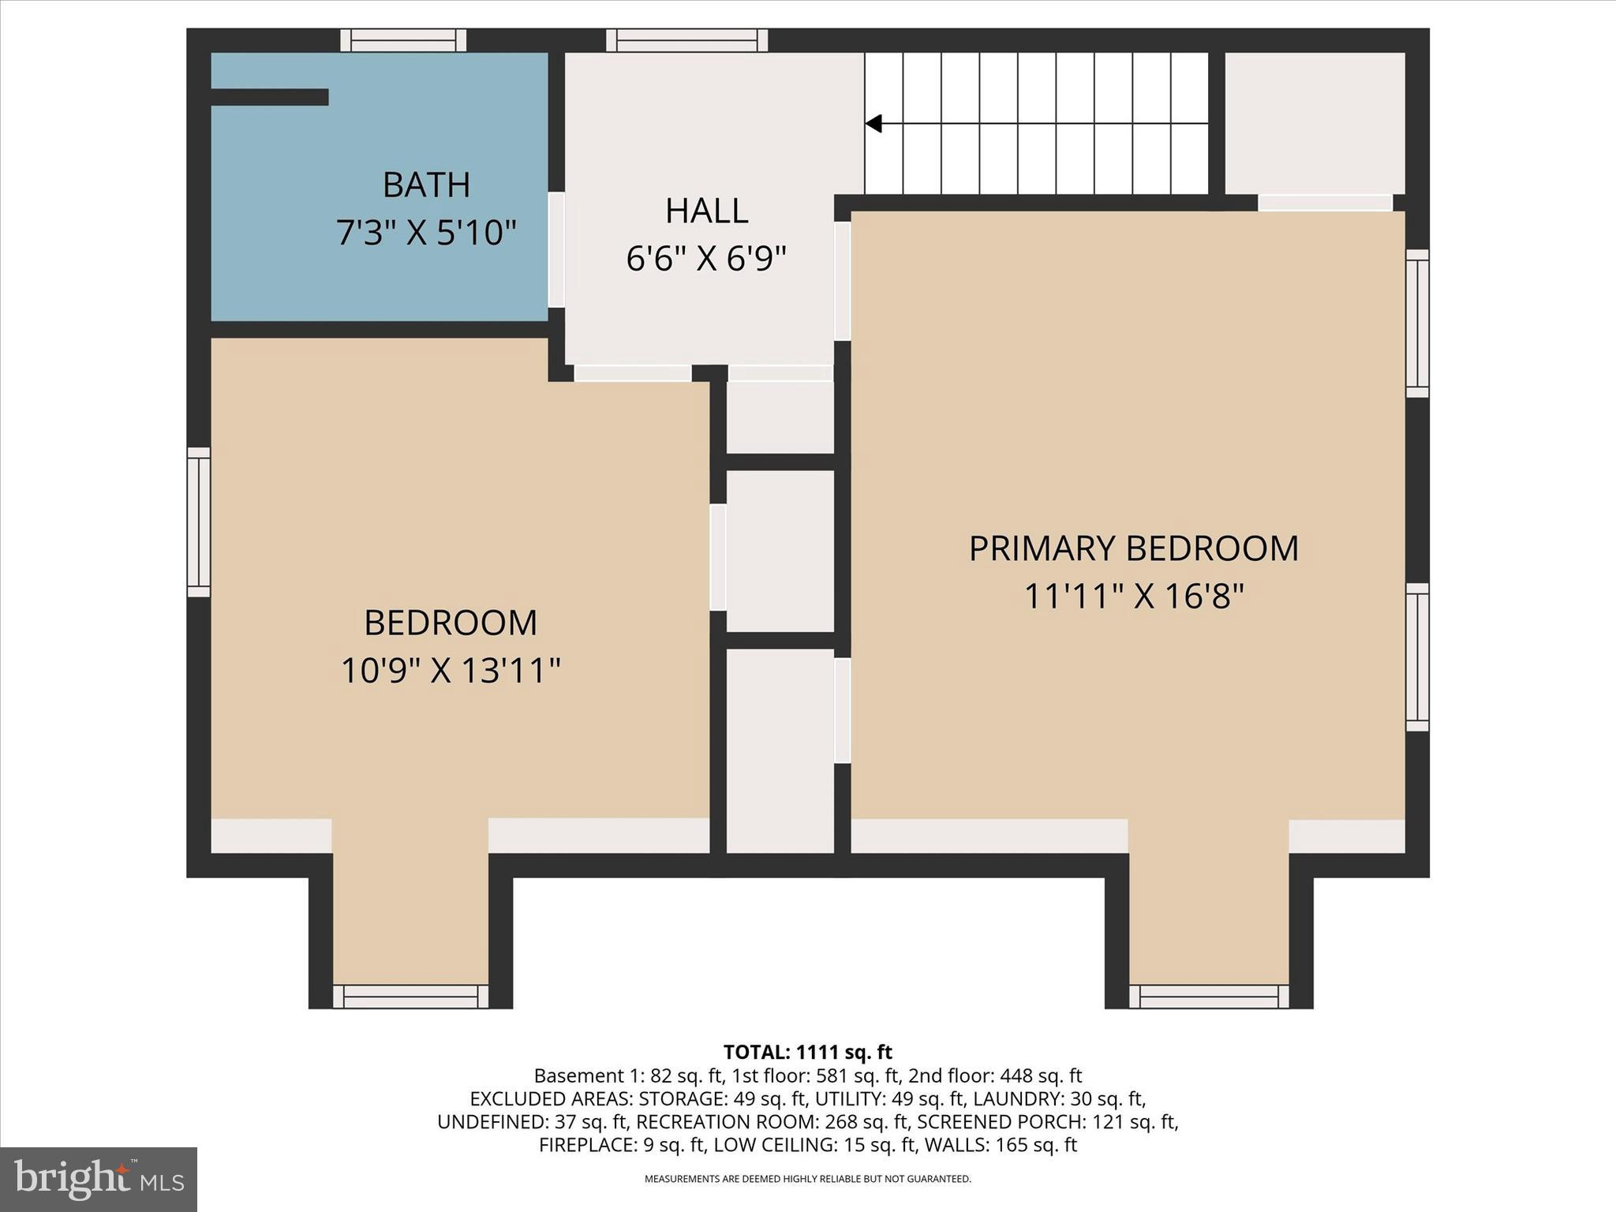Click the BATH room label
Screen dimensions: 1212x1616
point(426,185)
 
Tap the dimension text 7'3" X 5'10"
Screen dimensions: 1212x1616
point(426,234)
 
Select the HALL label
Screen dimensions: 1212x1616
point(706,211)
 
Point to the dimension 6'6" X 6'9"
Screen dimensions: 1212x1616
point(706,259)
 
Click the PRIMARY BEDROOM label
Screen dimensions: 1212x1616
point(1133,549)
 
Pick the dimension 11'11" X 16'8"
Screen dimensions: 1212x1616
point(1133,597)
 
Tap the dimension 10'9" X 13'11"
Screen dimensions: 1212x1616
point(450,671)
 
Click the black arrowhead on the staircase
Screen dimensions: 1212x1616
point(873,124)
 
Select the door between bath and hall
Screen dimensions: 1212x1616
point(556,249)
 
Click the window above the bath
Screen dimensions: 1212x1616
point(403,40)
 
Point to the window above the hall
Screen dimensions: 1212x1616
point(686,40)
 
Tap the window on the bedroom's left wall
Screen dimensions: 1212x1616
point(199,522)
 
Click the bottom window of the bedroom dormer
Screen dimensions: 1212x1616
point(410,997)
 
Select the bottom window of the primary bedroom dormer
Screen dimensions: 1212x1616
point(1208,997)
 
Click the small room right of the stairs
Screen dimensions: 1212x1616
point(1314,122)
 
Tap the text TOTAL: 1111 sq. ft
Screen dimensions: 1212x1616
point(807,1052)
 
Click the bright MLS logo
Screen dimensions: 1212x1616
point(99,1179)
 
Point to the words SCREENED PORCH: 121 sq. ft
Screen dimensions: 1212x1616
point(1047,1121)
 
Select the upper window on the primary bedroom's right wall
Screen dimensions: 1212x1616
point(1417,324)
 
